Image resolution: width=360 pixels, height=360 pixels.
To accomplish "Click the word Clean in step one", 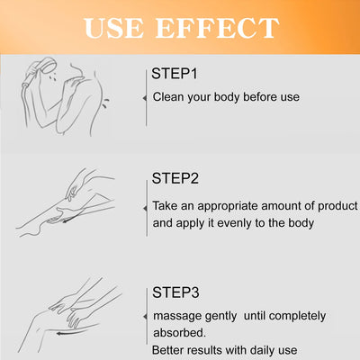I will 170,96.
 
